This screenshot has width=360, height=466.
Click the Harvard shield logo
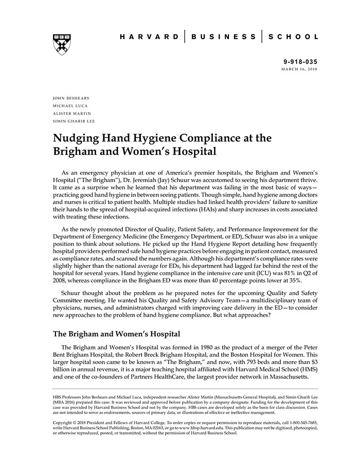pos(62,45)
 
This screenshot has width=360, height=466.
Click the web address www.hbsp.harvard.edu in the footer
pos(204,428)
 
